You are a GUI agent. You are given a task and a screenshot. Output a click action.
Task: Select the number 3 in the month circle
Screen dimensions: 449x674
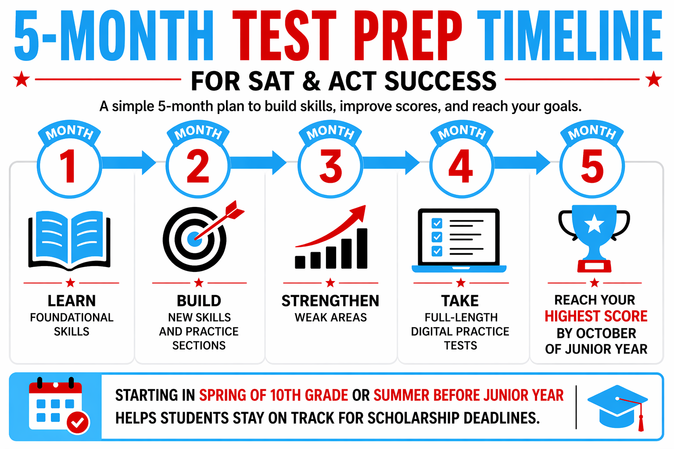(330, 167)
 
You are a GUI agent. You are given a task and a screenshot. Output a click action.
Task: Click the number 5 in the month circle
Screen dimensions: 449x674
(592, 167)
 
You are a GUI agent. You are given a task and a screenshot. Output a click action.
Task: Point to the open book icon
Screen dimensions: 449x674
(69, 240)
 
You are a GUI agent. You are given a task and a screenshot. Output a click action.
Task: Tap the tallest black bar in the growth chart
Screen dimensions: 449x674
(362, 248)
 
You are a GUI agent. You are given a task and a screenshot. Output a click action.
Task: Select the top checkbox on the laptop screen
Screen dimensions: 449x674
(437, 223)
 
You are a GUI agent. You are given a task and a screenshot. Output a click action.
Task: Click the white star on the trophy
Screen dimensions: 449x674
(594, 224)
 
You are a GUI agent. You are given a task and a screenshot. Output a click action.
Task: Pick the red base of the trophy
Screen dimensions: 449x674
(594, 266)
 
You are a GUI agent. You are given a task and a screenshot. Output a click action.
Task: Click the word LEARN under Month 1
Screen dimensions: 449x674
(72, 301)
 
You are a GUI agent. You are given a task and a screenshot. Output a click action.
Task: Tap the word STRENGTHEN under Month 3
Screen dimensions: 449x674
(330, 301)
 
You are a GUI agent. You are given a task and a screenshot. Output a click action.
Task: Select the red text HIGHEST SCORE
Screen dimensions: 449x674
(596, 316)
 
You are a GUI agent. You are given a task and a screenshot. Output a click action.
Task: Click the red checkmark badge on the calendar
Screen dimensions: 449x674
(78, 422)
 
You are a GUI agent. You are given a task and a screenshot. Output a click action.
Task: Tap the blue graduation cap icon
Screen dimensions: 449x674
(617, 406)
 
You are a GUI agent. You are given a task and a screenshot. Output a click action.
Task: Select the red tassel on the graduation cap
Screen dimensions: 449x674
(641, 421)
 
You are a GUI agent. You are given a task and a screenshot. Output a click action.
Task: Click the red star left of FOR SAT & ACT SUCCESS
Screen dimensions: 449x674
(21, 80)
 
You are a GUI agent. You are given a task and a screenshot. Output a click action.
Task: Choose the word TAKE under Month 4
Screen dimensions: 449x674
(460, 301)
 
